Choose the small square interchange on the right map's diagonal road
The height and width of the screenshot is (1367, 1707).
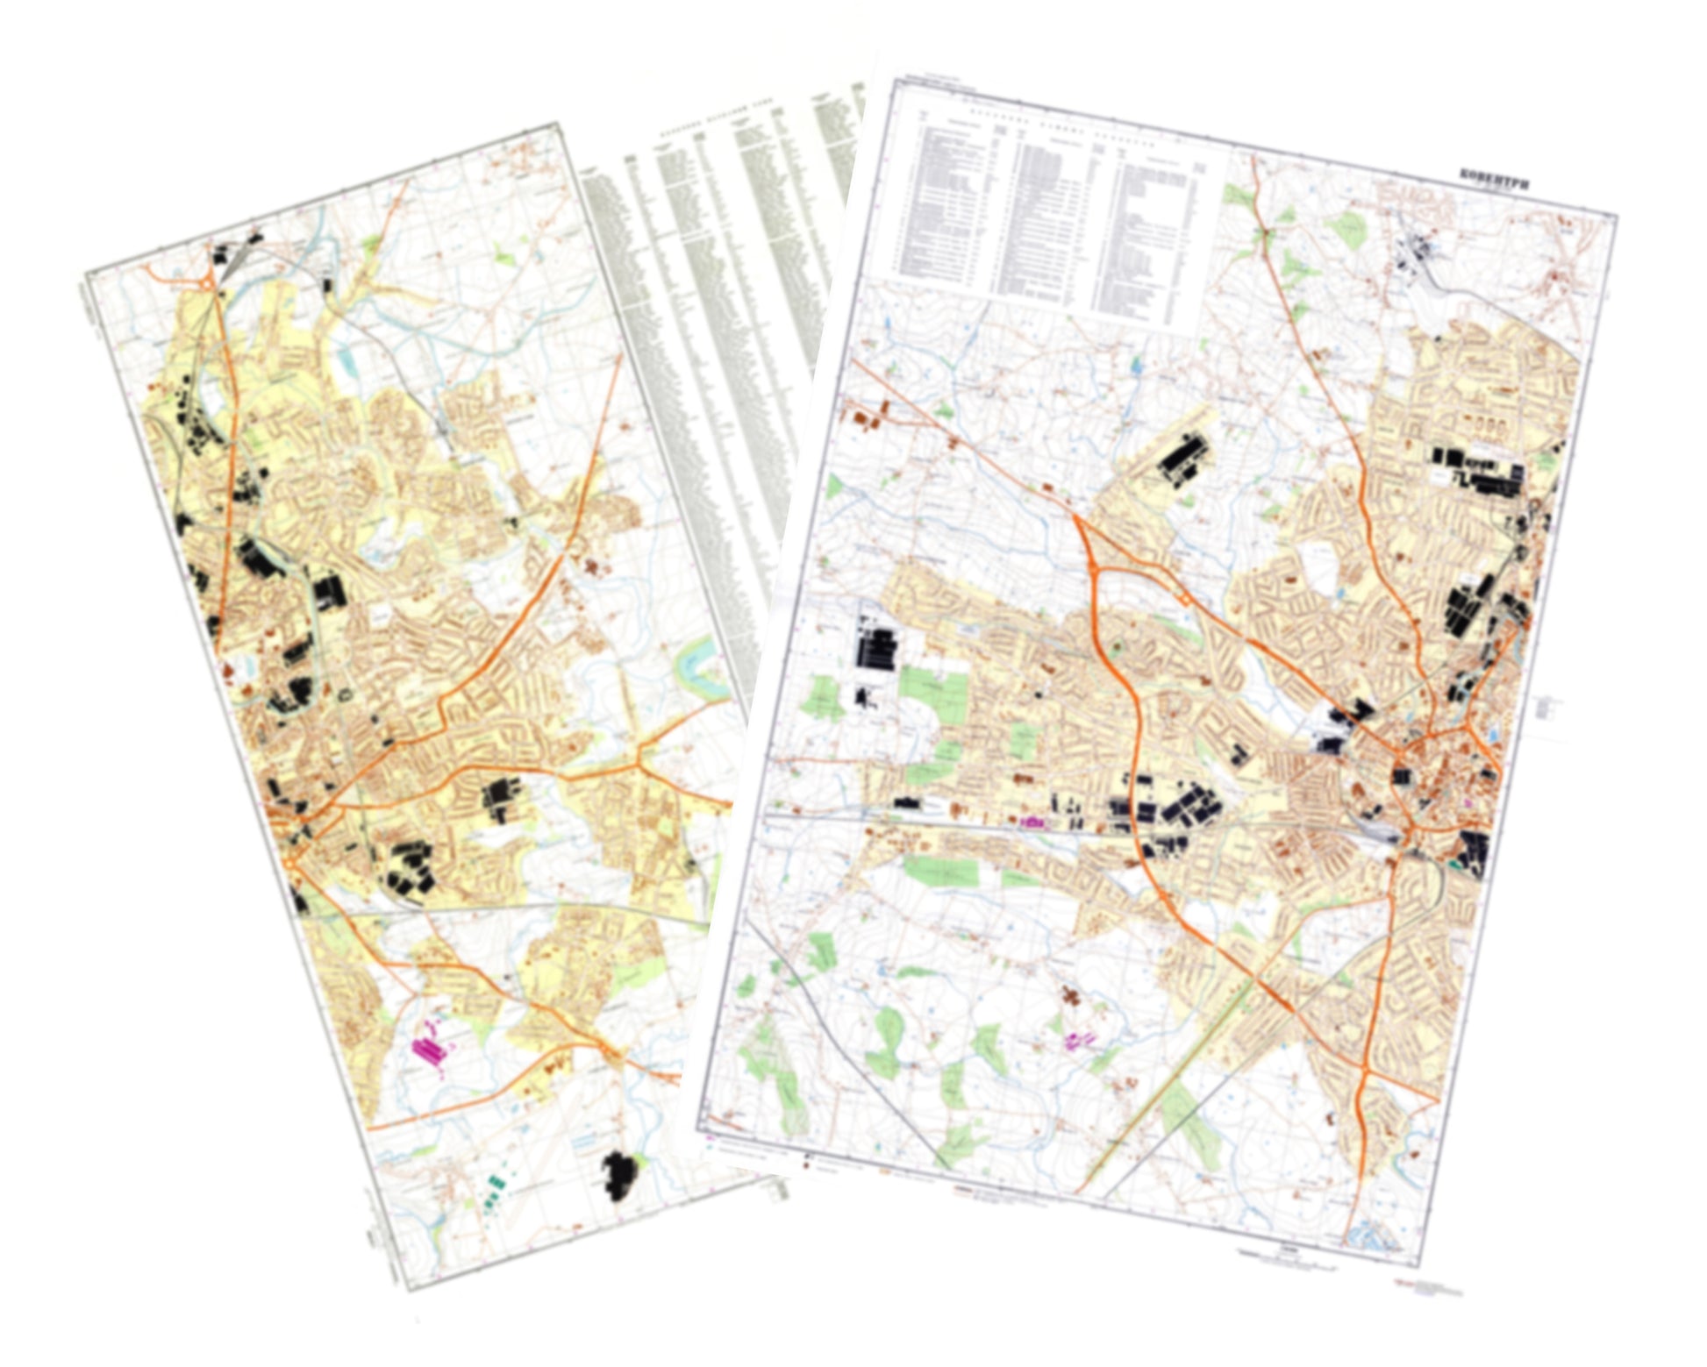coord(1185,599)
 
